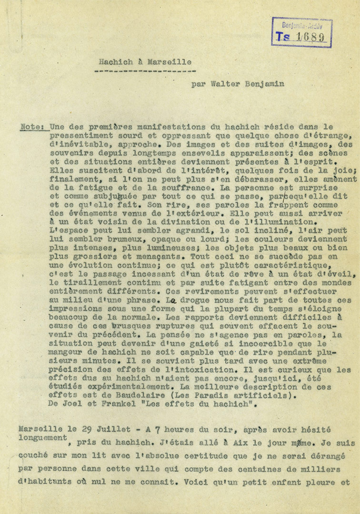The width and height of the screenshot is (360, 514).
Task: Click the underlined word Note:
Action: pos(33,127)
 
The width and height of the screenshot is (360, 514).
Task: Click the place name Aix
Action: pos(238,443)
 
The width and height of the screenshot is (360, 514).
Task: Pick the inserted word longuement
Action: pos(42,438)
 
